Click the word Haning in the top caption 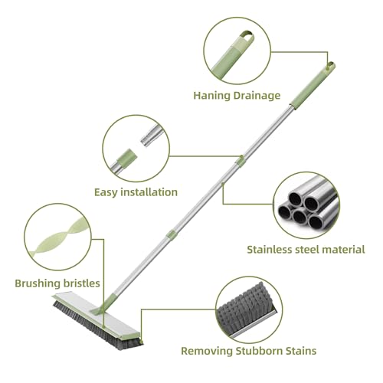coord(211,96)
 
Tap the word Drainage coord(257,96)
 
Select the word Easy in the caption coord(106,192)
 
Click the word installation coord(149,192)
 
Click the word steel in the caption coord(309,250)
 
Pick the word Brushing coord(38,283)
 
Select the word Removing coord(207,351)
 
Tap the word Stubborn coord(257,351)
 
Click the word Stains coord(300,351)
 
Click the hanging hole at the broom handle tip coord(331,65)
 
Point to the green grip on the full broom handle coord(313,86)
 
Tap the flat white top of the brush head coord(97,316)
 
